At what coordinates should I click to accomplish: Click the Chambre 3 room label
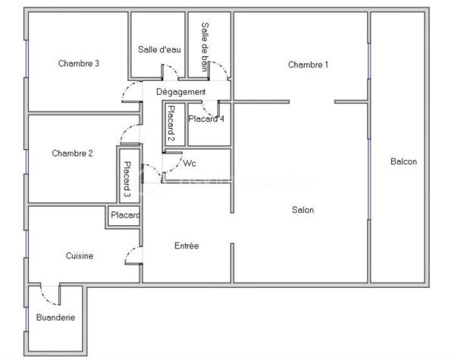[79, 64]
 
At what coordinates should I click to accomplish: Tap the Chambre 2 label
[73, 153]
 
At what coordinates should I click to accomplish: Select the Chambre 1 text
[308, 64]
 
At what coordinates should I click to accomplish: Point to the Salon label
[303, 210]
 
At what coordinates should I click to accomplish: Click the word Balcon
[403, 161]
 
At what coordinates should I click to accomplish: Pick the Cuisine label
[80, 256]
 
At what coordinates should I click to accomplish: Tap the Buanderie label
[55, 318]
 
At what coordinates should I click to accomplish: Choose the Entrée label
[187, 246]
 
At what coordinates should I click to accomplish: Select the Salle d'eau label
[159, 50]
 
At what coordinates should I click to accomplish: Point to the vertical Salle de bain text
[205, 46]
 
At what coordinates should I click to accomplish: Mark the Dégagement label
[180, 92]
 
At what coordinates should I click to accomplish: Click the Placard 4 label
[206, 118]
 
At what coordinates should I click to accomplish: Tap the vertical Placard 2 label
[171, 124]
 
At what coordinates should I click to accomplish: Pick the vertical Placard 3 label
[127, 176]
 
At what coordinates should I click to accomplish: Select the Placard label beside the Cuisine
[125, 216]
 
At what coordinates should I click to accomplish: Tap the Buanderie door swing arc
[48, 291]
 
